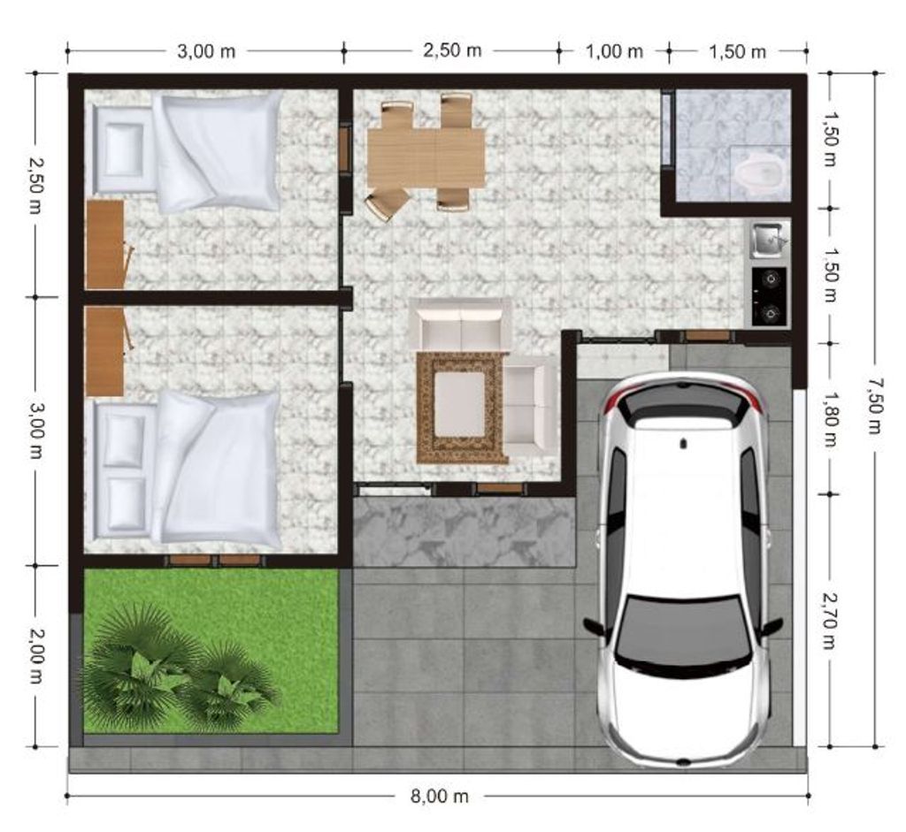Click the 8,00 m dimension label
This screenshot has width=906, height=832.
[439, 797]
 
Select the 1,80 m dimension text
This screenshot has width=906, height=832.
[830, 419]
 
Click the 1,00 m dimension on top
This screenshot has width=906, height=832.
[614, 51]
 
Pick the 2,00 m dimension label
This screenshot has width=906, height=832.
[35, 656]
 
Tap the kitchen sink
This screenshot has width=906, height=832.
[768, 240]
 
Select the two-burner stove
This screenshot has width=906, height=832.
[769, 296]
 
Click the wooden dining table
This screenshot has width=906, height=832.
[426, 157]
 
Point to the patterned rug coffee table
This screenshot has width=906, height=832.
[460, 407]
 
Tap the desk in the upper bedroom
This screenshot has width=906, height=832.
[105, 245]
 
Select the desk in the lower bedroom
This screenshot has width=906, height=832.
[105, 351]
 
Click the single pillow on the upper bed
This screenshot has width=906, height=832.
[122, 151]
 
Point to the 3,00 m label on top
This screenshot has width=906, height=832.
[206, 51]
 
